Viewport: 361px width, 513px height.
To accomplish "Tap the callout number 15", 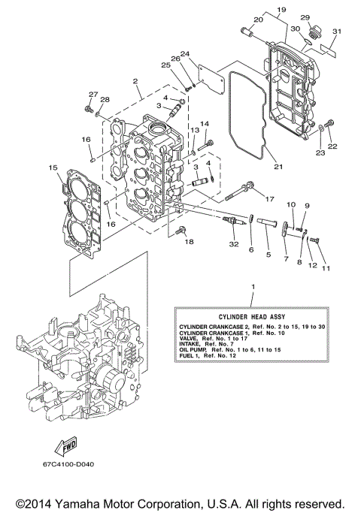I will pos(53,167).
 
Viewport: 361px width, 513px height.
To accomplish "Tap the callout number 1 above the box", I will pos(253,287).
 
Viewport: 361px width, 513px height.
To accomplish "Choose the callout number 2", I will pos(135,81).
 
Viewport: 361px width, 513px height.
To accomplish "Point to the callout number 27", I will pos(93,94).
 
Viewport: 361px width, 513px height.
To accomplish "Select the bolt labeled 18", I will pos(179,232).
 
